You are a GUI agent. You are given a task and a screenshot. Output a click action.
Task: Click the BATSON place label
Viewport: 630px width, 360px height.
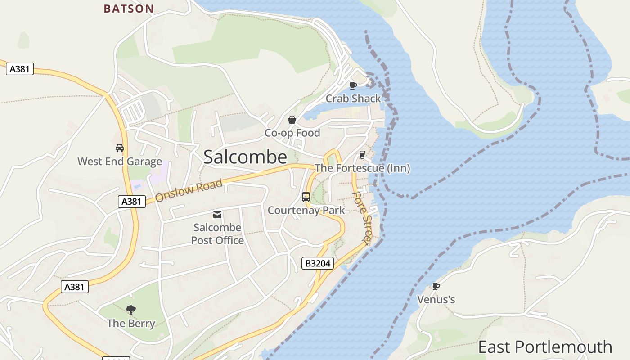pyautogui.click(x=129, y=9)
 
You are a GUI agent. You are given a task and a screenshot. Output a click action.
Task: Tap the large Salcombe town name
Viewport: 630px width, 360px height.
pyautogui.click(x=245, y=157)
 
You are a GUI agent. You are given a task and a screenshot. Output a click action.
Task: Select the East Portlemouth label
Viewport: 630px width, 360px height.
pyautogui.click(x=544, y=347)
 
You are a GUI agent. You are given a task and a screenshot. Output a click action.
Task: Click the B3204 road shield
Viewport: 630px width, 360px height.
pyautogui.click(x=317, y=263)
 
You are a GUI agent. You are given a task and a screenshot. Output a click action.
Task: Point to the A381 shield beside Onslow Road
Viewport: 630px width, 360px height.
pyautogui.click(x=132, y=202)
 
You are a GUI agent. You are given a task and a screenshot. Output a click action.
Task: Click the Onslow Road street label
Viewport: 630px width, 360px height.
pyautogui.click(x=189, y=191)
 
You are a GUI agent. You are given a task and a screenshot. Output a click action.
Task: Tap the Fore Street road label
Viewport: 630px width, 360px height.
pyautogui.click(x=361, y=218)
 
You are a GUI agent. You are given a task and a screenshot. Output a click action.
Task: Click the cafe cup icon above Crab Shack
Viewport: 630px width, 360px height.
pyautogui.click(x=353, y=85)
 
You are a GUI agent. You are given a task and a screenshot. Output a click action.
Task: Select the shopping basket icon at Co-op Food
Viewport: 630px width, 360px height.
pyautogui.click(x=292, y=120)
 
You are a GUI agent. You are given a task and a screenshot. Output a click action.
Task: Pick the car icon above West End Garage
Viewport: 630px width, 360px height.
pyautogui.click(x=120, y=148)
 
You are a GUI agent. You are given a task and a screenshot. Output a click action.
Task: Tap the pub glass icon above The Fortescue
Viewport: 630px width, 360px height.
pyautogui.click(x=362, y=155)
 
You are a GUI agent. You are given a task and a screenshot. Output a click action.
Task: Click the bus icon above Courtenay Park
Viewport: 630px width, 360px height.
pyautogui.click(x=306, y=197)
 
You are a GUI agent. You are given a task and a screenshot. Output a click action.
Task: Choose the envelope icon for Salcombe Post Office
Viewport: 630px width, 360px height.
pyautogui.click(x=217, y=215)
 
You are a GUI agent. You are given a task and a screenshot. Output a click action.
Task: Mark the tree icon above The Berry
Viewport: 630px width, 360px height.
pyautogui.click(x=131, y=310)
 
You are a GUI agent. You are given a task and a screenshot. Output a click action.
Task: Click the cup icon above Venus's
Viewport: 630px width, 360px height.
pyautogui.click(x=436, y=286)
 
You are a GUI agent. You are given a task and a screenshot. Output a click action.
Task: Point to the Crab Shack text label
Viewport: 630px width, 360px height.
pyautogui.click(x=353, y=99)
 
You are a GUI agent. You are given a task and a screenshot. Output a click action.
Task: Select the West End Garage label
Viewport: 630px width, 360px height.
pyautogui.click(x=120, y=162)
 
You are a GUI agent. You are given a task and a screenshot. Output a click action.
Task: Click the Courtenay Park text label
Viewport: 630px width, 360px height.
pyautogui.click(x=306, y=210)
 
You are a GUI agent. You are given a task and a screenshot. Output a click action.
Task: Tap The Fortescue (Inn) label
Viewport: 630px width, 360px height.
pyautogui.click(x=362, y=168)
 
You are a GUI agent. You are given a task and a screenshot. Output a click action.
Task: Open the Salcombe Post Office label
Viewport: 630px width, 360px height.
pyautogui.click(x=217, y=234)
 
